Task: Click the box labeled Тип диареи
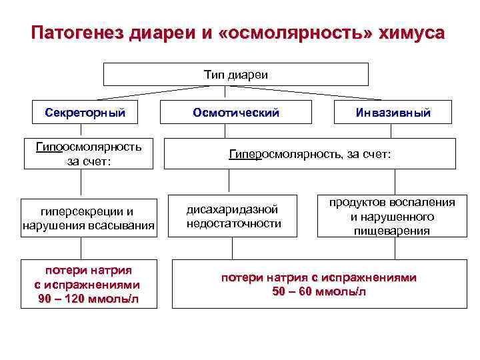(x=235, y=75)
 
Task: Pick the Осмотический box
(x=235, y=113)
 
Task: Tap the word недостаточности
(x=233, y=223)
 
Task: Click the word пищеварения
(x=391, y=231)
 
